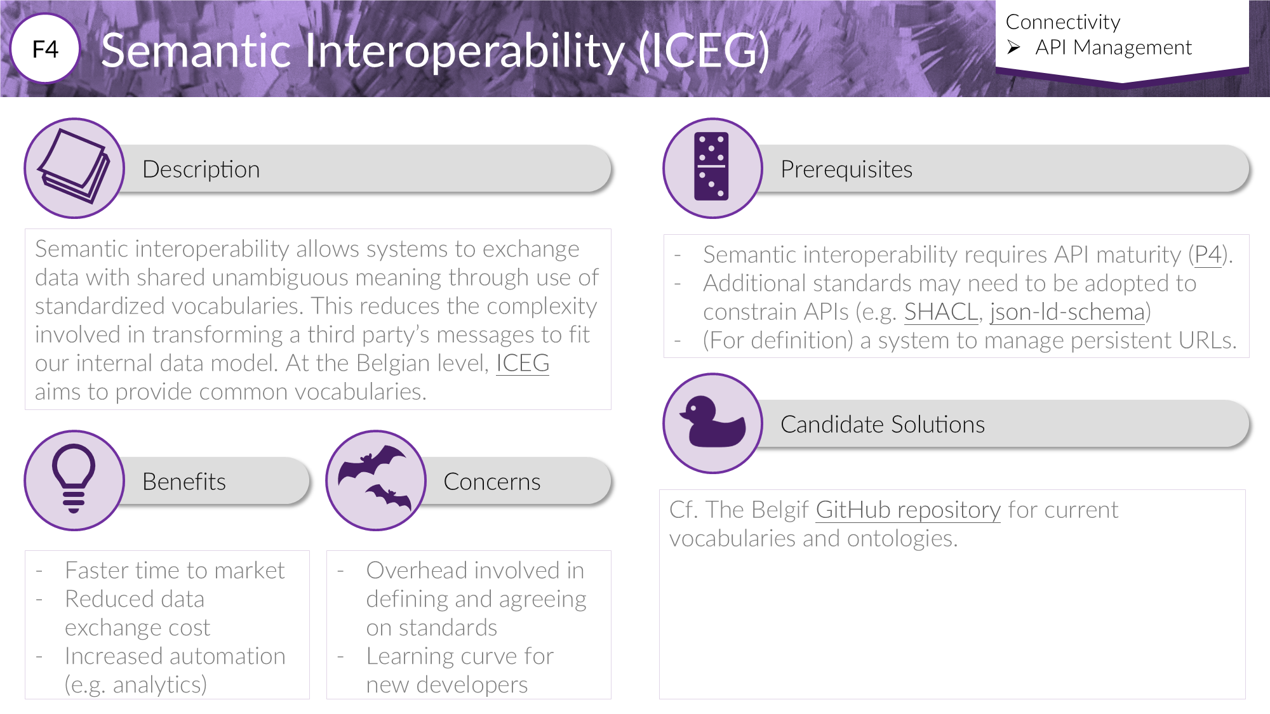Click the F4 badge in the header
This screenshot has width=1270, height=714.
[x=45, y=49]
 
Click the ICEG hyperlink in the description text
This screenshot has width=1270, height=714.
[x=523, y=363]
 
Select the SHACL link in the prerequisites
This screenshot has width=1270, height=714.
[x=941, y=312]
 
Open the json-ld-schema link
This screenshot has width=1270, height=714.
[x=1067, y=312]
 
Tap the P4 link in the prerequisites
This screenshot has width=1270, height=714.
[x=1208, y=255]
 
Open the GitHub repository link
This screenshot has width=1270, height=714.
[x=908, y=510]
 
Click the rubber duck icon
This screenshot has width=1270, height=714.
[x=712, y=422]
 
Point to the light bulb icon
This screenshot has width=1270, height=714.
[x=74, y=479]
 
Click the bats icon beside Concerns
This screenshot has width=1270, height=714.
[x=375, y=479]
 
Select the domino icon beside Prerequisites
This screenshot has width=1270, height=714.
[x=712, y=167]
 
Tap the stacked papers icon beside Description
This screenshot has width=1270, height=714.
[x=74, y=166]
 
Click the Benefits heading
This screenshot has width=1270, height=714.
[x=184, y=482]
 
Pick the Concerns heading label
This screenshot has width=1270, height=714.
[x=492, y=482]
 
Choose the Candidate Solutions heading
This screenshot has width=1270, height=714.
[x=883, y=425]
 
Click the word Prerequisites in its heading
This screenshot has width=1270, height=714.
[x=846, y=169]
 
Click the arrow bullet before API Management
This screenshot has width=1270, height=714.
[x=1013, y=48]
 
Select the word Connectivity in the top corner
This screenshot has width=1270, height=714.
[x=1063, y=22]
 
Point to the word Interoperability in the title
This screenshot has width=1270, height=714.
[x=465, y=51]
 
